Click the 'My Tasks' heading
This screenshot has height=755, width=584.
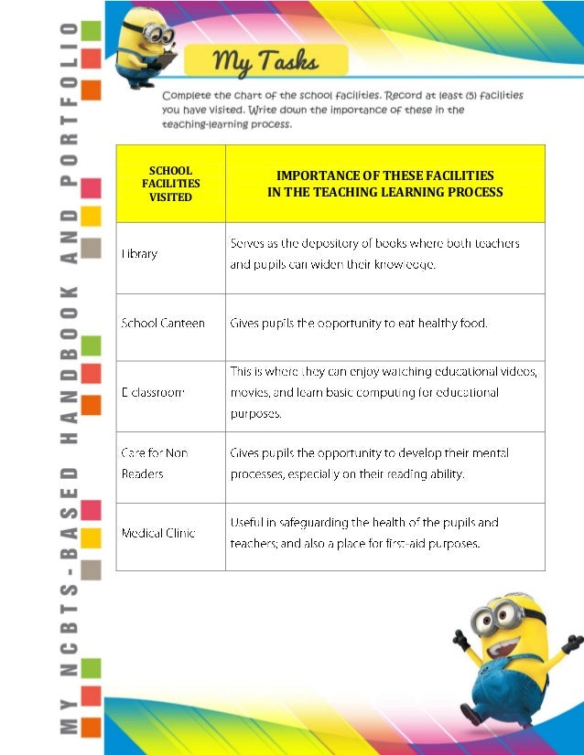(x=265, y=61)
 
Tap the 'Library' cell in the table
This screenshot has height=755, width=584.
(x=140, y=254)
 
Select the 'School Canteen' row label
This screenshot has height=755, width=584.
(x=163, y=323)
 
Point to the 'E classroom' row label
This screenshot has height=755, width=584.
(x=153, y=392)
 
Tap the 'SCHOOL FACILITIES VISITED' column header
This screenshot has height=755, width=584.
(x=170, y=184)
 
